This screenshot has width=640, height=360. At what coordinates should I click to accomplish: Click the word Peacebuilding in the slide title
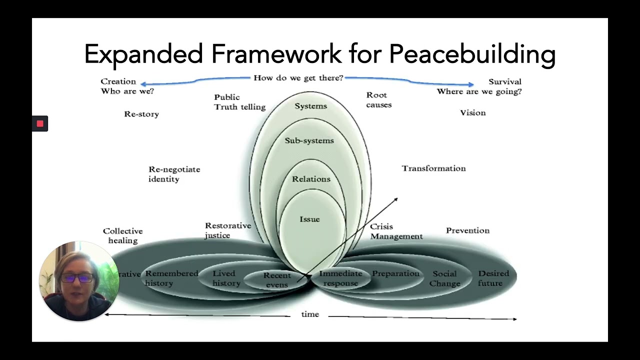[472, 54]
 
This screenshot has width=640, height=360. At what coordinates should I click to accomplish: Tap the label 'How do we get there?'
[298, 77]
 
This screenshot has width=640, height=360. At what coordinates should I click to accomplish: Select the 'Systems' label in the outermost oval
[310, 106]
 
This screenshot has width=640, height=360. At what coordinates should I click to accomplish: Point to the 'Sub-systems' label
[309, 140]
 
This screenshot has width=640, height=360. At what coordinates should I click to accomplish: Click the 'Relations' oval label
[311, 179]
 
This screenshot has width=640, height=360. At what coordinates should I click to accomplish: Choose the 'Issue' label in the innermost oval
[309, 219]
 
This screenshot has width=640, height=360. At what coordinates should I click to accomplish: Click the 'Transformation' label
[433, 168]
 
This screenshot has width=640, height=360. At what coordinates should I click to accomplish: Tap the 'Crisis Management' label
[396, 231]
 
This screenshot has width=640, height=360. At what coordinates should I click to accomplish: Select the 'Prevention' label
[467, 230]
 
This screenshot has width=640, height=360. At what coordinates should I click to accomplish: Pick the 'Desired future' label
[493, 278]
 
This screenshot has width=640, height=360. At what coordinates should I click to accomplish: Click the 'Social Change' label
[444, 278]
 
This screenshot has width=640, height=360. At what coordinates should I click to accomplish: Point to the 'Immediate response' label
[340, 278]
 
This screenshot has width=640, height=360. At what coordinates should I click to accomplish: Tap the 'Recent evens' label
[277, 280]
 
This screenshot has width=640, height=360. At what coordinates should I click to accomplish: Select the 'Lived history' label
[226, 278]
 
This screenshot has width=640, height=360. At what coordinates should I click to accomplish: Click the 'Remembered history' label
[171, 278]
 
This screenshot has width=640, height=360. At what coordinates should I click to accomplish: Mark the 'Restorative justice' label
[227, 230]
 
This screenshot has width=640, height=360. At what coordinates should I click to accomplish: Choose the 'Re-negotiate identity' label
[174, 174]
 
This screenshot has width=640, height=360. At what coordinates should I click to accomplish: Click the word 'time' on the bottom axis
[310, 314]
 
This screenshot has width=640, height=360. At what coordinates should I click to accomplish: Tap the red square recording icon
[40, 123]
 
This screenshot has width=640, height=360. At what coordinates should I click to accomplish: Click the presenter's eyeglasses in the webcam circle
[78, 278]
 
